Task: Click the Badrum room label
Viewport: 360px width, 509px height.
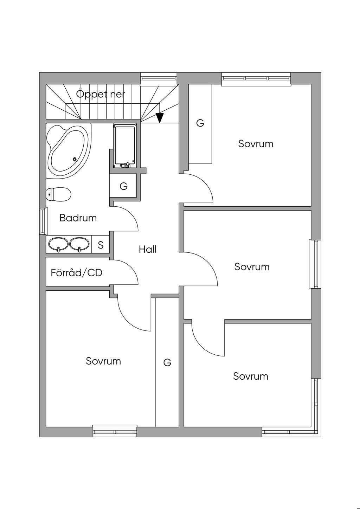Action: (x=78, y=218)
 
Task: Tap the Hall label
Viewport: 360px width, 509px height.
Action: (x=148, y=249)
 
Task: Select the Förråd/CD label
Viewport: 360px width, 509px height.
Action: (x=77, y=273)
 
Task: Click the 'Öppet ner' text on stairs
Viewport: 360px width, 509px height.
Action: (x=101, y=94)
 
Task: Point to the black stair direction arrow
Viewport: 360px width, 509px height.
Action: (x=160, y=118)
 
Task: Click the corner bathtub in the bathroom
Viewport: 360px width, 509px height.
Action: (x=69, y=151)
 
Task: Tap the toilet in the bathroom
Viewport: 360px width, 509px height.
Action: (x=59, y=194)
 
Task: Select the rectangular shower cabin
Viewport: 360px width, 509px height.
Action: (x=125, y=146)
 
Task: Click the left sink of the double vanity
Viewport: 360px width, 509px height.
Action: (x=58, y=244)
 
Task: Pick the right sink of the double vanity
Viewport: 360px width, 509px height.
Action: (x=79, y=244)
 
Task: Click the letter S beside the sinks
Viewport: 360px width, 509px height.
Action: (x=101, y=245)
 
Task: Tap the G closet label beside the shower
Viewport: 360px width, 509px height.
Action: (x=123, y=186)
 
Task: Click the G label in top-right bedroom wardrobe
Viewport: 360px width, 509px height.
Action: (x=200, y=123)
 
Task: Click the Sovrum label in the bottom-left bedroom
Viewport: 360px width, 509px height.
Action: (x=103, y=361)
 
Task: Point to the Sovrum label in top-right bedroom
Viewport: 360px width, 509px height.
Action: (x=256, y=144)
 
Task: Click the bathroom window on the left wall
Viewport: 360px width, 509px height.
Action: (x=44, y=221)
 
